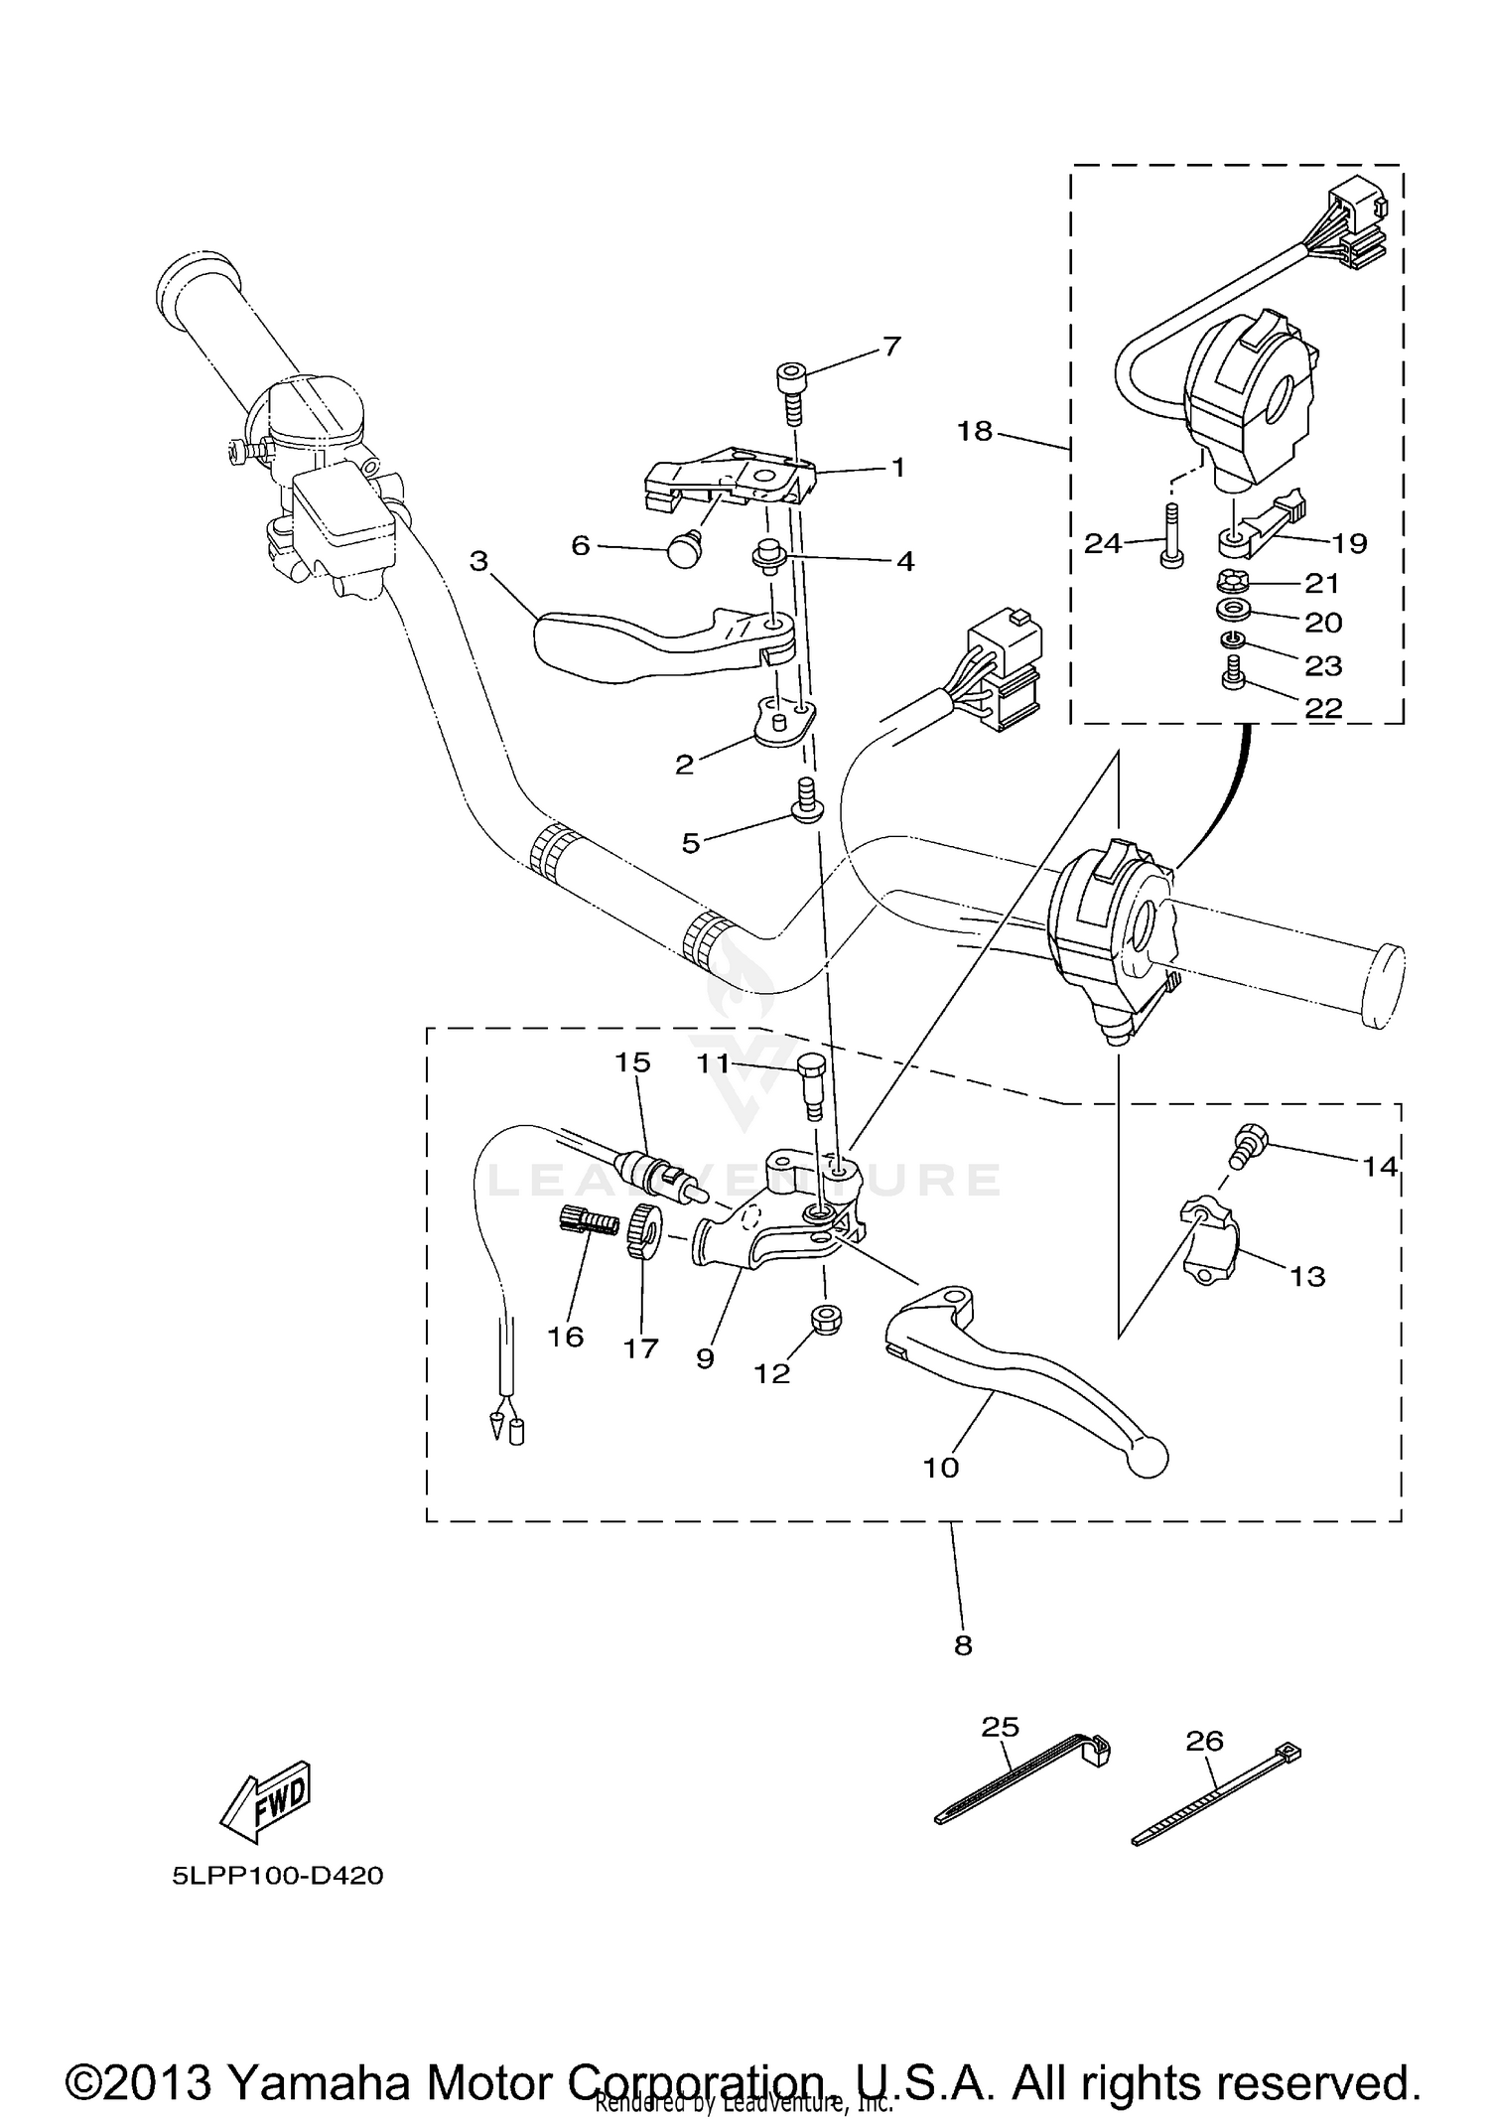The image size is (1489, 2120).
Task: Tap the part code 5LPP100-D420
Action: [277, 1877]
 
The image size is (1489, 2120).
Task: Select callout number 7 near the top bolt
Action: [891, 347]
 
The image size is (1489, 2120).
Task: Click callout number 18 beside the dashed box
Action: [975, 431]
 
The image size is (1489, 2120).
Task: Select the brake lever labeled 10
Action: [1022, 1375]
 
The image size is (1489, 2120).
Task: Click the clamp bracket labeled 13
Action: [1210, 1241]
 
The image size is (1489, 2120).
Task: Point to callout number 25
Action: [1000, 1727]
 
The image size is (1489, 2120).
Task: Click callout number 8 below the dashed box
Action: [962, 1645]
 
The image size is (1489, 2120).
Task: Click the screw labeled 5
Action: [806, 800]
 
